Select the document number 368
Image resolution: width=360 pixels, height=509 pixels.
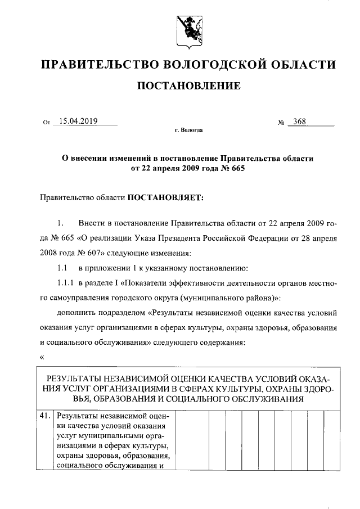pyautogui.click(x=299, y=121)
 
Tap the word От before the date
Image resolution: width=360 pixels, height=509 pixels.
pyautogui.click(x=46, y=122)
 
